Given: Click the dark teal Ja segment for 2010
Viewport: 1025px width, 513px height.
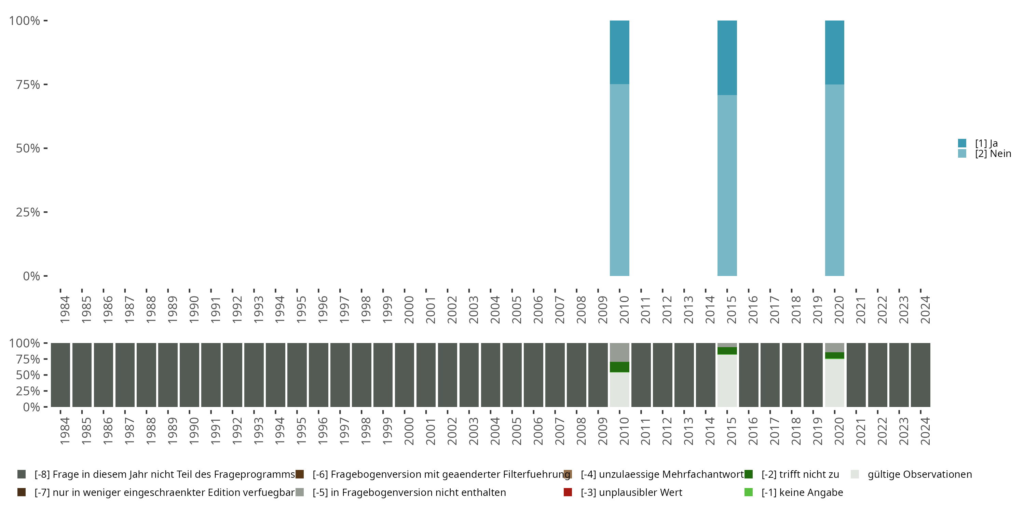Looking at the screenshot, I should click(619, 52).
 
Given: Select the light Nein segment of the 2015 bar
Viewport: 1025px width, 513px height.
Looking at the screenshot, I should click(727, 185).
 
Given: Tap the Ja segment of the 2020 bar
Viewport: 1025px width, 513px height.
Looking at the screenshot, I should click(834, 52).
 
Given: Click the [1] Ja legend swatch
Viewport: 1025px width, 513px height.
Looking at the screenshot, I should click(962, 143).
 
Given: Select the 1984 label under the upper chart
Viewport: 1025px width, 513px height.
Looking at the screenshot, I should click(65, 310).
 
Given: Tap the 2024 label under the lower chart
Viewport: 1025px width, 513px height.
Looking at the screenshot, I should click(925, 431).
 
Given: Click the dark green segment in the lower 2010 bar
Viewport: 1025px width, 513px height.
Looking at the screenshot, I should click(619, 367).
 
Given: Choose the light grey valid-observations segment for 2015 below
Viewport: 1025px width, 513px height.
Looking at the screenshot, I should click(727, 380).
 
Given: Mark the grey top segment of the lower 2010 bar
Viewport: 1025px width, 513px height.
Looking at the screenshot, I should click(619, 352).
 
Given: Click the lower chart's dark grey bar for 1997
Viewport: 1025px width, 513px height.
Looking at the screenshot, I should click(340, 375).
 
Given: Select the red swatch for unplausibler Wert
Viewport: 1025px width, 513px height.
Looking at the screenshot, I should click(568, 492).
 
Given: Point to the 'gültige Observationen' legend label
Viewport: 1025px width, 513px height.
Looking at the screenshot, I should click(919, 474).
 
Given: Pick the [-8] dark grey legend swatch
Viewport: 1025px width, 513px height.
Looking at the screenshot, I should click(22, 474).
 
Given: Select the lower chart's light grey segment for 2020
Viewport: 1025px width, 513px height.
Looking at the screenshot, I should click(834, 383).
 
